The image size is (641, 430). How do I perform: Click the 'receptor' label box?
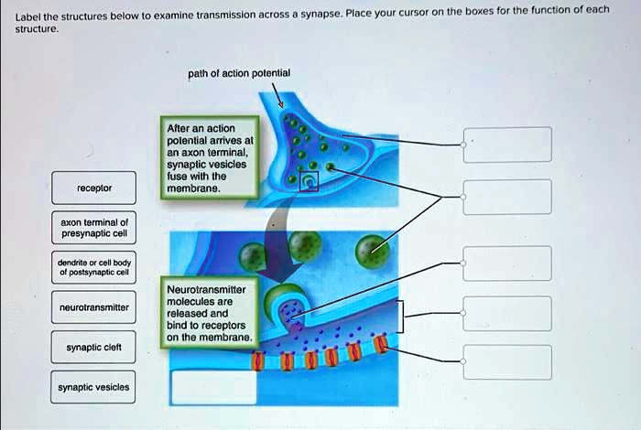click(94, 188)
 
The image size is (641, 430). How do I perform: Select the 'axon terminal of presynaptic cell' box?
click(94, 228)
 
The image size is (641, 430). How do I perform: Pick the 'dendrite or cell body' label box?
click(94, 268)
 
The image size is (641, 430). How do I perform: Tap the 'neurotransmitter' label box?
click(94, 308)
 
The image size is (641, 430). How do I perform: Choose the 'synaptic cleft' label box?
click(94, 348)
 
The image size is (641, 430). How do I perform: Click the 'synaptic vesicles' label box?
click(94, 387)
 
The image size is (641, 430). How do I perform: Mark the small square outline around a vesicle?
click(310, 182)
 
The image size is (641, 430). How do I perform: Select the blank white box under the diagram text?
click(212, 385)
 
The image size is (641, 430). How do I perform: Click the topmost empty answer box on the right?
click(507, 145)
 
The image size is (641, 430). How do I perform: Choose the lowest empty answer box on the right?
click(507, 362)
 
